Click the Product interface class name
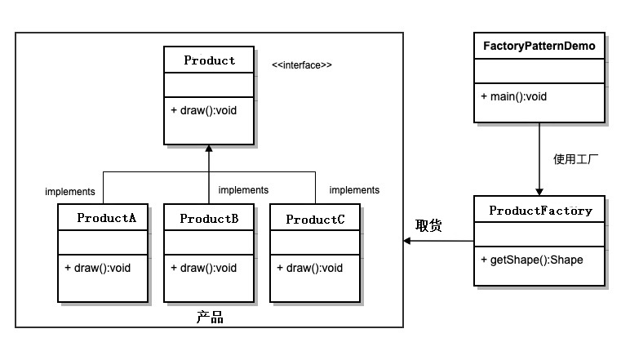(210, 60)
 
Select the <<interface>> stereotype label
(302, 65)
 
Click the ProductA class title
(106, 218)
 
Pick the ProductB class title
(210, 219)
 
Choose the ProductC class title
(315, 220)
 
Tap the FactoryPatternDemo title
(539, 46)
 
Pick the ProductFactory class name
(541, 211)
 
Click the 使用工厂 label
(575, 159)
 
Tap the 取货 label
(428, 225)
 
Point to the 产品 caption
(210, 318)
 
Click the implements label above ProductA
(70, 192)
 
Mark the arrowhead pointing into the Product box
(209, 149)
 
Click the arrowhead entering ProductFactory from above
(539, 192)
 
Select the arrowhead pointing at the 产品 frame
(407, 241)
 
